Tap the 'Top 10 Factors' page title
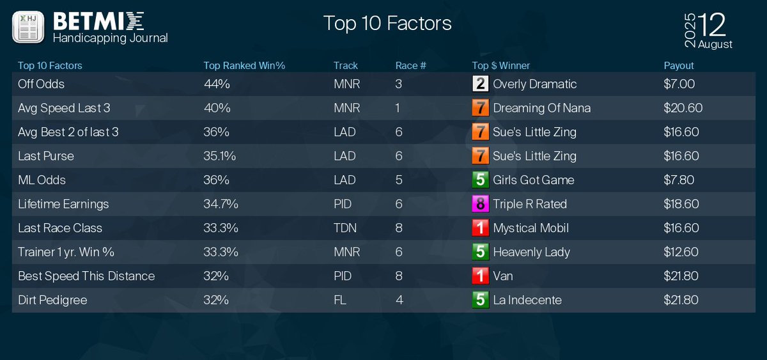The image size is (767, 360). tap(387, 23)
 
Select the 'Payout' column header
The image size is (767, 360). tap(679, 65)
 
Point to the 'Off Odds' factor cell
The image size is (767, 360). tap(42, 84)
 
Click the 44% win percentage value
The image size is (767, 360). tap(217, 84)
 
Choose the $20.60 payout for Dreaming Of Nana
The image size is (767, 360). tap(683, 108)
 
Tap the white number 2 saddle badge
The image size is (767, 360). tap(480, 84)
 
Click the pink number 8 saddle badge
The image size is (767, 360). tap(480, 204)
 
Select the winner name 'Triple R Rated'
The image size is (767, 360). tap(530, 204)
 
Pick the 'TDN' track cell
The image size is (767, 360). tap(345, 228)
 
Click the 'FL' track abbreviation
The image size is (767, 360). tap(340, 300)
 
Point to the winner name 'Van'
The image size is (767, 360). tap(503, 276)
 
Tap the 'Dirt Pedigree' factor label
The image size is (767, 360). tap(52, 300)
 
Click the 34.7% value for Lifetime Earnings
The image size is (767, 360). tap(221, 204)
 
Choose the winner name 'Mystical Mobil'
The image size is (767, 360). tap(531, 228)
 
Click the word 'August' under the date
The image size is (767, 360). tap(715, 45)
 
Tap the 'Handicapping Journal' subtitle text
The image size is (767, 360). tap(110, 38)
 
